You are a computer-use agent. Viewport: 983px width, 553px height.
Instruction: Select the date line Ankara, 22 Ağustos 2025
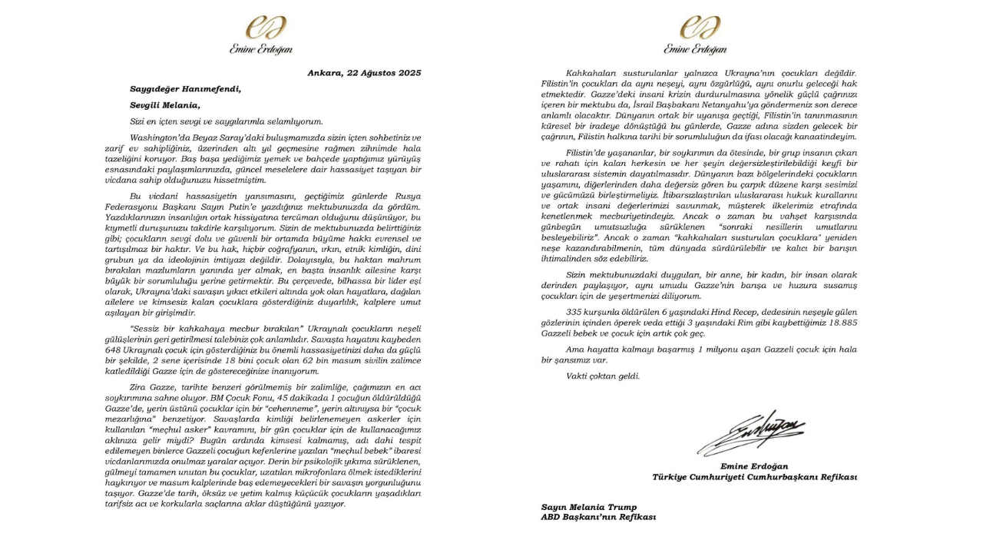[362, 74]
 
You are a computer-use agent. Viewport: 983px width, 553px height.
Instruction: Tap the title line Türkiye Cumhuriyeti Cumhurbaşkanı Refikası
[754, 477]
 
